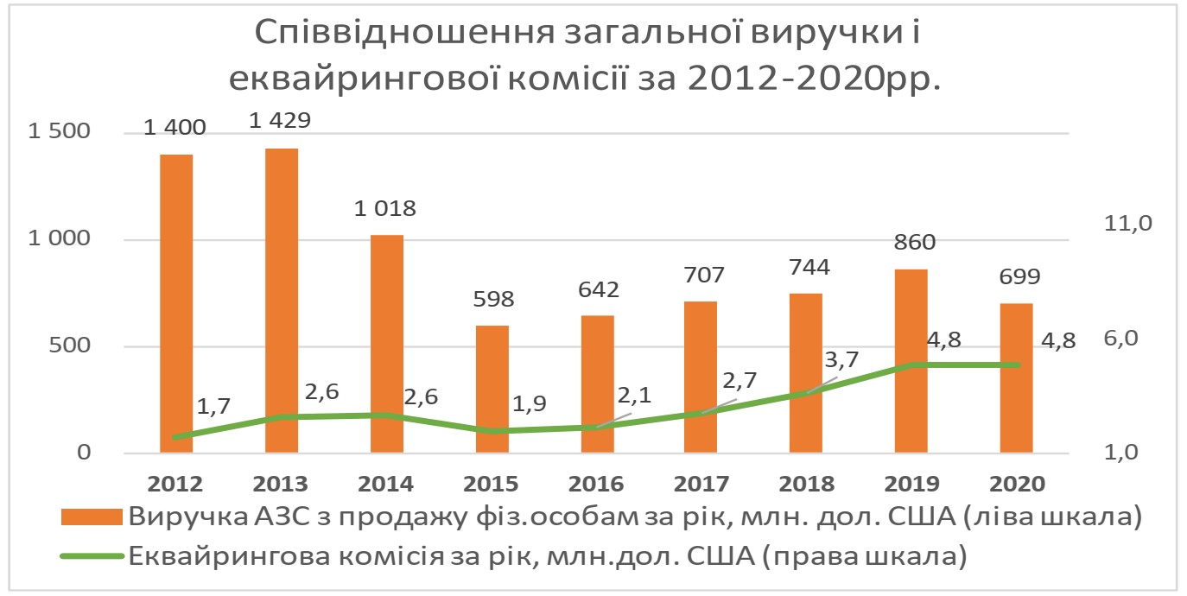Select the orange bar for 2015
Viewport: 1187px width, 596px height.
pyautogui.click(x=492, y=389)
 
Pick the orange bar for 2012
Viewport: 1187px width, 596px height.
pyautogui.click(x=176, y=303)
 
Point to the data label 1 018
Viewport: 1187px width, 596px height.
pyautogui.click(x=386, y=208)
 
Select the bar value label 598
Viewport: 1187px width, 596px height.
pyautogui.click(x=493, y=300)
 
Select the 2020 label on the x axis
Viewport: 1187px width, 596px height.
pyautogui.click(x=1016, y=483)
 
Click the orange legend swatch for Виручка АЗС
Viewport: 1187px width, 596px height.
pyautogui.click(x=92, y=517)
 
